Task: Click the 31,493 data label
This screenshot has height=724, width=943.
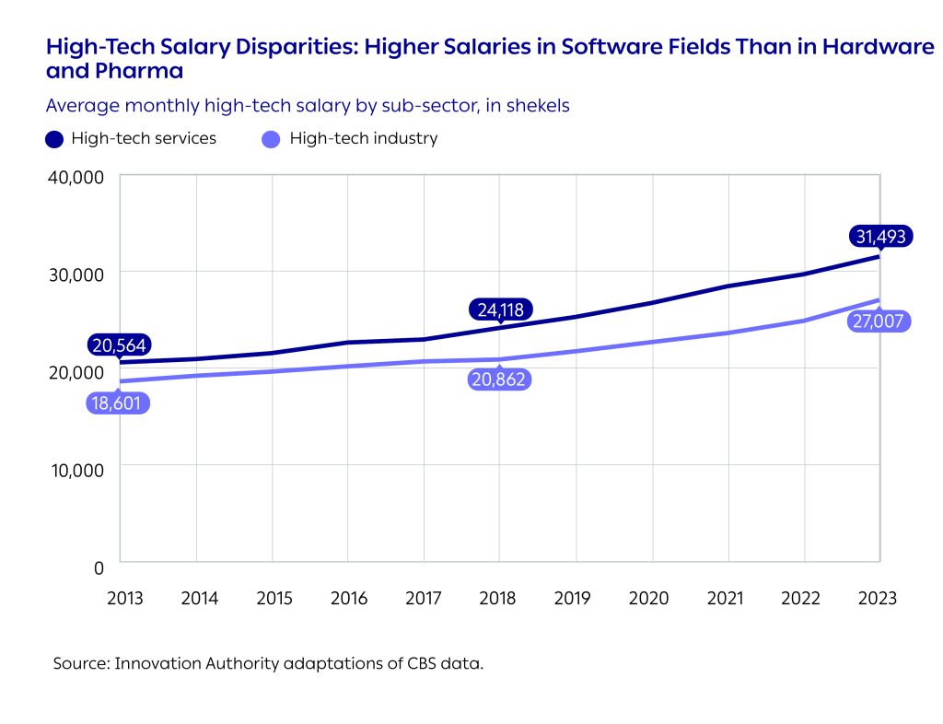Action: (879, 237)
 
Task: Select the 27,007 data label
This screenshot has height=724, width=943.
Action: (879, 321)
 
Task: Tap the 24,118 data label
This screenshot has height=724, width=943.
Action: (500, 309)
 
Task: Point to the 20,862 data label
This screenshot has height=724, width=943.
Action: (500, 379)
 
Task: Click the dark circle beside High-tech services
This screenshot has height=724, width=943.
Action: (54, 139)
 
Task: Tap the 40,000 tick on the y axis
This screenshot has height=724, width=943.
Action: (76, 176)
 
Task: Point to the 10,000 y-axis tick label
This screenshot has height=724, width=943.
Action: (76, 468)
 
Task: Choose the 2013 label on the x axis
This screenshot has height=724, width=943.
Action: (124, 598)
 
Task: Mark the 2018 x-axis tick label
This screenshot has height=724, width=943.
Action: (499, 598)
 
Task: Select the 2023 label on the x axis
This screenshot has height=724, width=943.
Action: (877, 598)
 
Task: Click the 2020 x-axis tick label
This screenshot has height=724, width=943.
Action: (648, 598)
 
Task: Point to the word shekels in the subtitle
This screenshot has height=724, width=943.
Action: (539, 106)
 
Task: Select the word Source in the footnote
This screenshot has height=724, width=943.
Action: (79, 663)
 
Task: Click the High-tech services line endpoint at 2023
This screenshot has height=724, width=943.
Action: (879, 255)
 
